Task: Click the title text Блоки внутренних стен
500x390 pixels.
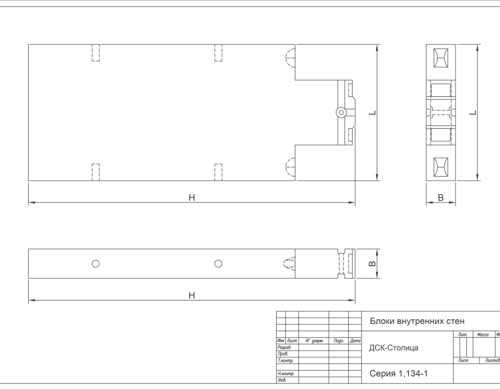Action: [x=417, y=321]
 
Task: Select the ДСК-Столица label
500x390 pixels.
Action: [x=394, y=348]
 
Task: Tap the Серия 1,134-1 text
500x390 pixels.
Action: [x=399, y=374]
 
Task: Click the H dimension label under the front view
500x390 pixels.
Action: [x=192, y=198]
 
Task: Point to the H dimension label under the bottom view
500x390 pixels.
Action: [x=192, y=295]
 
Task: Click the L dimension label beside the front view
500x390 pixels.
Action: [x=373, y=112]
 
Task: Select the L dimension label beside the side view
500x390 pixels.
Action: [x=473, y=112]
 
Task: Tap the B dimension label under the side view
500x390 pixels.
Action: [x=441, y=198]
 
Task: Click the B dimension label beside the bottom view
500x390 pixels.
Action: [x=373, y=264]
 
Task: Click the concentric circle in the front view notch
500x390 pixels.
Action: [x=341, y=112]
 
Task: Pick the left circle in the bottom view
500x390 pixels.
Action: [x=96, y=264]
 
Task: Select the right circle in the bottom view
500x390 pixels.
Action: [x=218, y=264]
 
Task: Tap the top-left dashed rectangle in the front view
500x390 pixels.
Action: [x=96, y=53]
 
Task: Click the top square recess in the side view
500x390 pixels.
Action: [x=441, y=58]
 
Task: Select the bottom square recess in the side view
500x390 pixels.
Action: [x=441, y=167]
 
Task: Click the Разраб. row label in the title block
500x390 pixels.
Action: [x=284, y=347]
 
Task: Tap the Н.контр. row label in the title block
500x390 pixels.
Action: [x=286, y=374]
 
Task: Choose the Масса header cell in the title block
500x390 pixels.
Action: [x=483, y=334]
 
